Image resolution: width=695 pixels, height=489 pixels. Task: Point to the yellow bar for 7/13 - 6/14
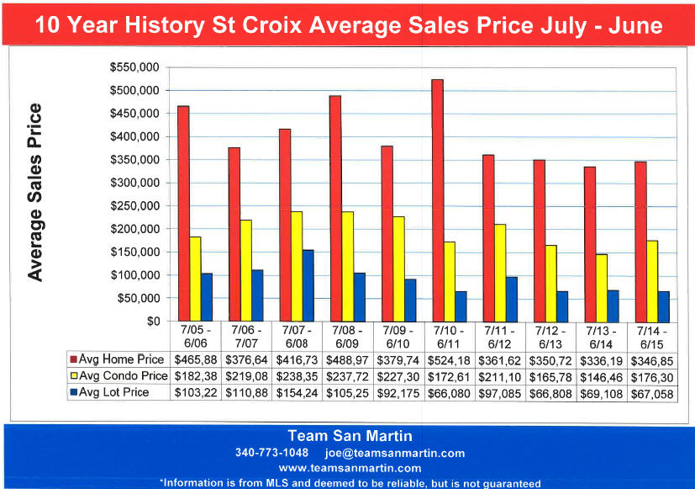(x=601, y=287)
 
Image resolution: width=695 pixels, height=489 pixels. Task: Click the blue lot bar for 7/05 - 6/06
(x=207, y=297)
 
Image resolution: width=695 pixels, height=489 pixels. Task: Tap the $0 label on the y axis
(x=151, y=321)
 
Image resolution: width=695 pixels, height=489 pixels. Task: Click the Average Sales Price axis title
(x=35, y=192)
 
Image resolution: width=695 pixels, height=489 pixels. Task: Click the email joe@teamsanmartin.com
(x=394, y=453)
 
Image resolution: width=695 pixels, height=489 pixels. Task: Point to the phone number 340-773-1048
(x=271, y=453)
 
